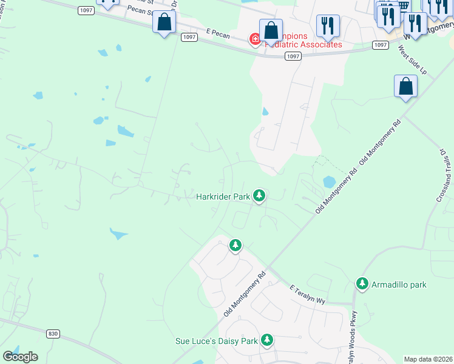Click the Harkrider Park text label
coord(223,197)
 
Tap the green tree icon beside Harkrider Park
coord(260,195)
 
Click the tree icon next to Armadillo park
coord(362,283)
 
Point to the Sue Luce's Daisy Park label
coord(217,342)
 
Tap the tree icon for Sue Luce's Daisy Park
coord(266,340)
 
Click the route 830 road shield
coord(53,333)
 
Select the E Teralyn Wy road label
coord(309,294)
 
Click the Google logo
coord(20,357)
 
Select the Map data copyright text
coord(428,359)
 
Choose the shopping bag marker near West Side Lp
coord(405,87)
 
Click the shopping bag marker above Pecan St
coord(164,22)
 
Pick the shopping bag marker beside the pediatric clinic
coord(271,30)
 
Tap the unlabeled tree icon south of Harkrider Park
coord(235,245)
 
